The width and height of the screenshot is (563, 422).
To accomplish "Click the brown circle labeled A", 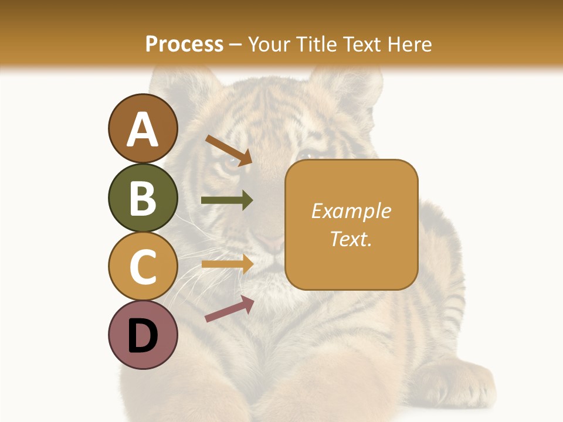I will pos(143,128).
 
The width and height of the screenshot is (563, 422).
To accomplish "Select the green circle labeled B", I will pos(143,198).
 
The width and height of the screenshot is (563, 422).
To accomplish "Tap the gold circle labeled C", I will pos(143,266).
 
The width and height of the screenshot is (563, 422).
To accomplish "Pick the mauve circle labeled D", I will pos(143,335).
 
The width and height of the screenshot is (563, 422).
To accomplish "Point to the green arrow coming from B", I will pos(227,200).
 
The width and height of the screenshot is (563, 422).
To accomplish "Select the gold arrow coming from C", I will pos(227,264).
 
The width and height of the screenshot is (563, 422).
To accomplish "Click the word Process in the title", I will pos(184,44).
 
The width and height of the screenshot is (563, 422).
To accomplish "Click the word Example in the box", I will pos(351,211).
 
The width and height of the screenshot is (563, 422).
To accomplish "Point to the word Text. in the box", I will pos(351,239).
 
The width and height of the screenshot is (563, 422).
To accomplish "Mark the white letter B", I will pos(143,198).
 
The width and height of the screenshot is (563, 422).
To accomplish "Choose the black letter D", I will pos(143,335).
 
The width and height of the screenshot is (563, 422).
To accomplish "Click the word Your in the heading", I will pos(270,44).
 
